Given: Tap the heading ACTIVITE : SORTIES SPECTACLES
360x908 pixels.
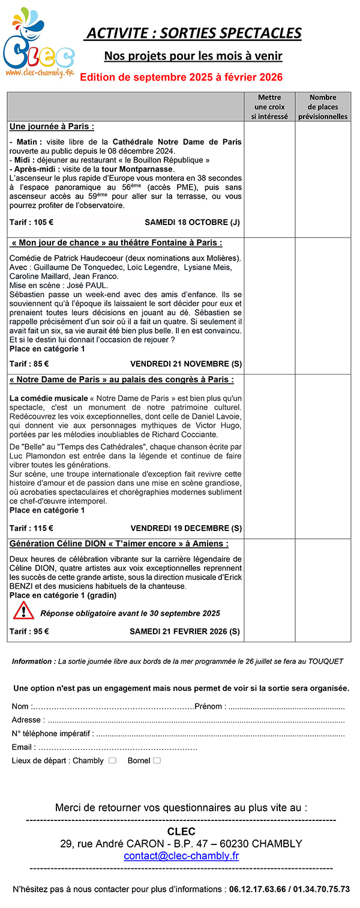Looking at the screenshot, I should tap(193, 33).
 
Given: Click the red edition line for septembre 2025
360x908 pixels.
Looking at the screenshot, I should tap(181, 77).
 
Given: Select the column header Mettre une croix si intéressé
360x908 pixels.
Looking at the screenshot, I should tap(269, 107).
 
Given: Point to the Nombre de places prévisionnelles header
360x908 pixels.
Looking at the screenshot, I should tap(323, 107).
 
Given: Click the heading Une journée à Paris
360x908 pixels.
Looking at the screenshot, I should tap(52, 127).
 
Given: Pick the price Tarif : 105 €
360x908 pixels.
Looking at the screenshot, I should tap(31, 222).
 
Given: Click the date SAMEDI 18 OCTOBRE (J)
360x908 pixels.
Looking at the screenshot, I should tap(192, 222).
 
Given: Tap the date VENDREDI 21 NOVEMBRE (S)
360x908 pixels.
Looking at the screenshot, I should tap(186, 364).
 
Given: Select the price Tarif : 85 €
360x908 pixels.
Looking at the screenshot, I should tap(29, 364).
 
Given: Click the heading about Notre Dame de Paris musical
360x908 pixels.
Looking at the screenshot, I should tap(122, 380).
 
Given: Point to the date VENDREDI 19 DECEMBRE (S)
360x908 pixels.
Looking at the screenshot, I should tap(186, 529).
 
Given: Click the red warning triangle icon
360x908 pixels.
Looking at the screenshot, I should tap(23, 611).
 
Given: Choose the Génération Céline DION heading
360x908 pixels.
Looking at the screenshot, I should tap(119, 544).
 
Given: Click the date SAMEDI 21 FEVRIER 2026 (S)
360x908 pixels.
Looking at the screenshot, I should tap(185, 631).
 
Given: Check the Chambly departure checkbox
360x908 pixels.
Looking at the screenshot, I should tap(112, 760).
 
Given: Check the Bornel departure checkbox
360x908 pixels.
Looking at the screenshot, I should tap(157, 760).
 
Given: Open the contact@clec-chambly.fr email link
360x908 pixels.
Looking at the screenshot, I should tap(181, 856).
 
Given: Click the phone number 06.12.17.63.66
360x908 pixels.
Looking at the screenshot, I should tap(257, 889).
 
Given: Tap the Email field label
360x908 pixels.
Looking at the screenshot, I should tap(23, 747).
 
